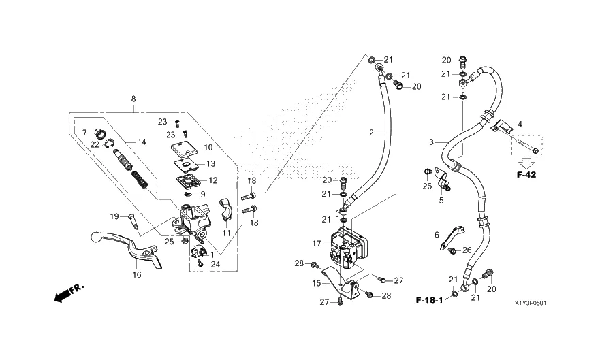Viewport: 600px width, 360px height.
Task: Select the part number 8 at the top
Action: tap(133, 99)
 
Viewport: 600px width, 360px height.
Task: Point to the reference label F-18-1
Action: tap(430, 299)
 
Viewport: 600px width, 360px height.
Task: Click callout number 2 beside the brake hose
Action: tap(372, 133)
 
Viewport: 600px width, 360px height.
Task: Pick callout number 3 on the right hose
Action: tap(431, 142)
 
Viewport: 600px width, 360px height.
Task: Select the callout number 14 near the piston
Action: tap(142, 142)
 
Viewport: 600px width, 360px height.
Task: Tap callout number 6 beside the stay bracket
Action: tap(437, 234)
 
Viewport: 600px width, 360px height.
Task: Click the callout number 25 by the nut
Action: tap(169, 242)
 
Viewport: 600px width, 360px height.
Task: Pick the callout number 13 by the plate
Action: tap(211, 164)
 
